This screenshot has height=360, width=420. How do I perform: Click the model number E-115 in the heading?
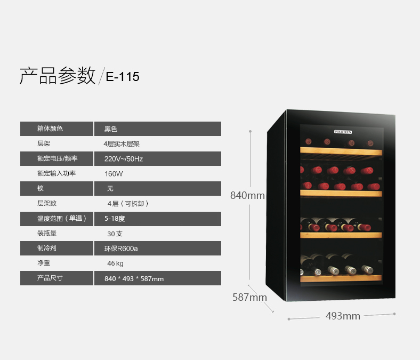123,77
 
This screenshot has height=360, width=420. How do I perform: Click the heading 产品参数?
58,76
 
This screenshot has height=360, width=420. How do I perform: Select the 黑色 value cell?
158,129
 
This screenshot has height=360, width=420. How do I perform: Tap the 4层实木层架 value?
122,144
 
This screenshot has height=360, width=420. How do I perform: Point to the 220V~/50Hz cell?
158,159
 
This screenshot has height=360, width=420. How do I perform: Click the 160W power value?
114,174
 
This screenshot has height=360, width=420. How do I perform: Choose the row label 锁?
41,188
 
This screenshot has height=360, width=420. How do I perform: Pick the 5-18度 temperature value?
115,219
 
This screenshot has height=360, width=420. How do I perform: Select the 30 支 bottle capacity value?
115,234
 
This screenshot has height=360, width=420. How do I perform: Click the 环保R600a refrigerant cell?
158,248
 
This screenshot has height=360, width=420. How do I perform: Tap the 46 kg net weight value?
116,263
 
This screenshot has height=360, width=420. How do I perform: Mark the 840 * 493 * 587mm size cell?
158,278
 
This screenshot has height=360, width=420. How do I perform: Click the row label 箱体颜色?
50,129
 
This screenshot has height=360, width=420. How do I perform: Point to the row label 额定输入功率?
56,173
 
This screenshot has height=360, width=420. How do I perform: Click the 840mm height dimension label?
247,195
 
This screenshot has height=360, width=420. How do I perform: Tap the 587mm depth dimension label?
249,297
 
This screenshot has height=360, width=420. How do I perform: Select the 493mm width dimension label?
343,316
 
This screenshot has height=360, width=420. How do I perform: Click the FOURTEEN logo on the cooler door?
343,132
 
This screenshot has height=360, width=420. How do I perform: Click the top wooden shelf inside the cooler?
341,151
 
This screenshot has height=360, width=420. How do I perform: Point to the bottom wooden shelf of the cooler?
341,278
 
